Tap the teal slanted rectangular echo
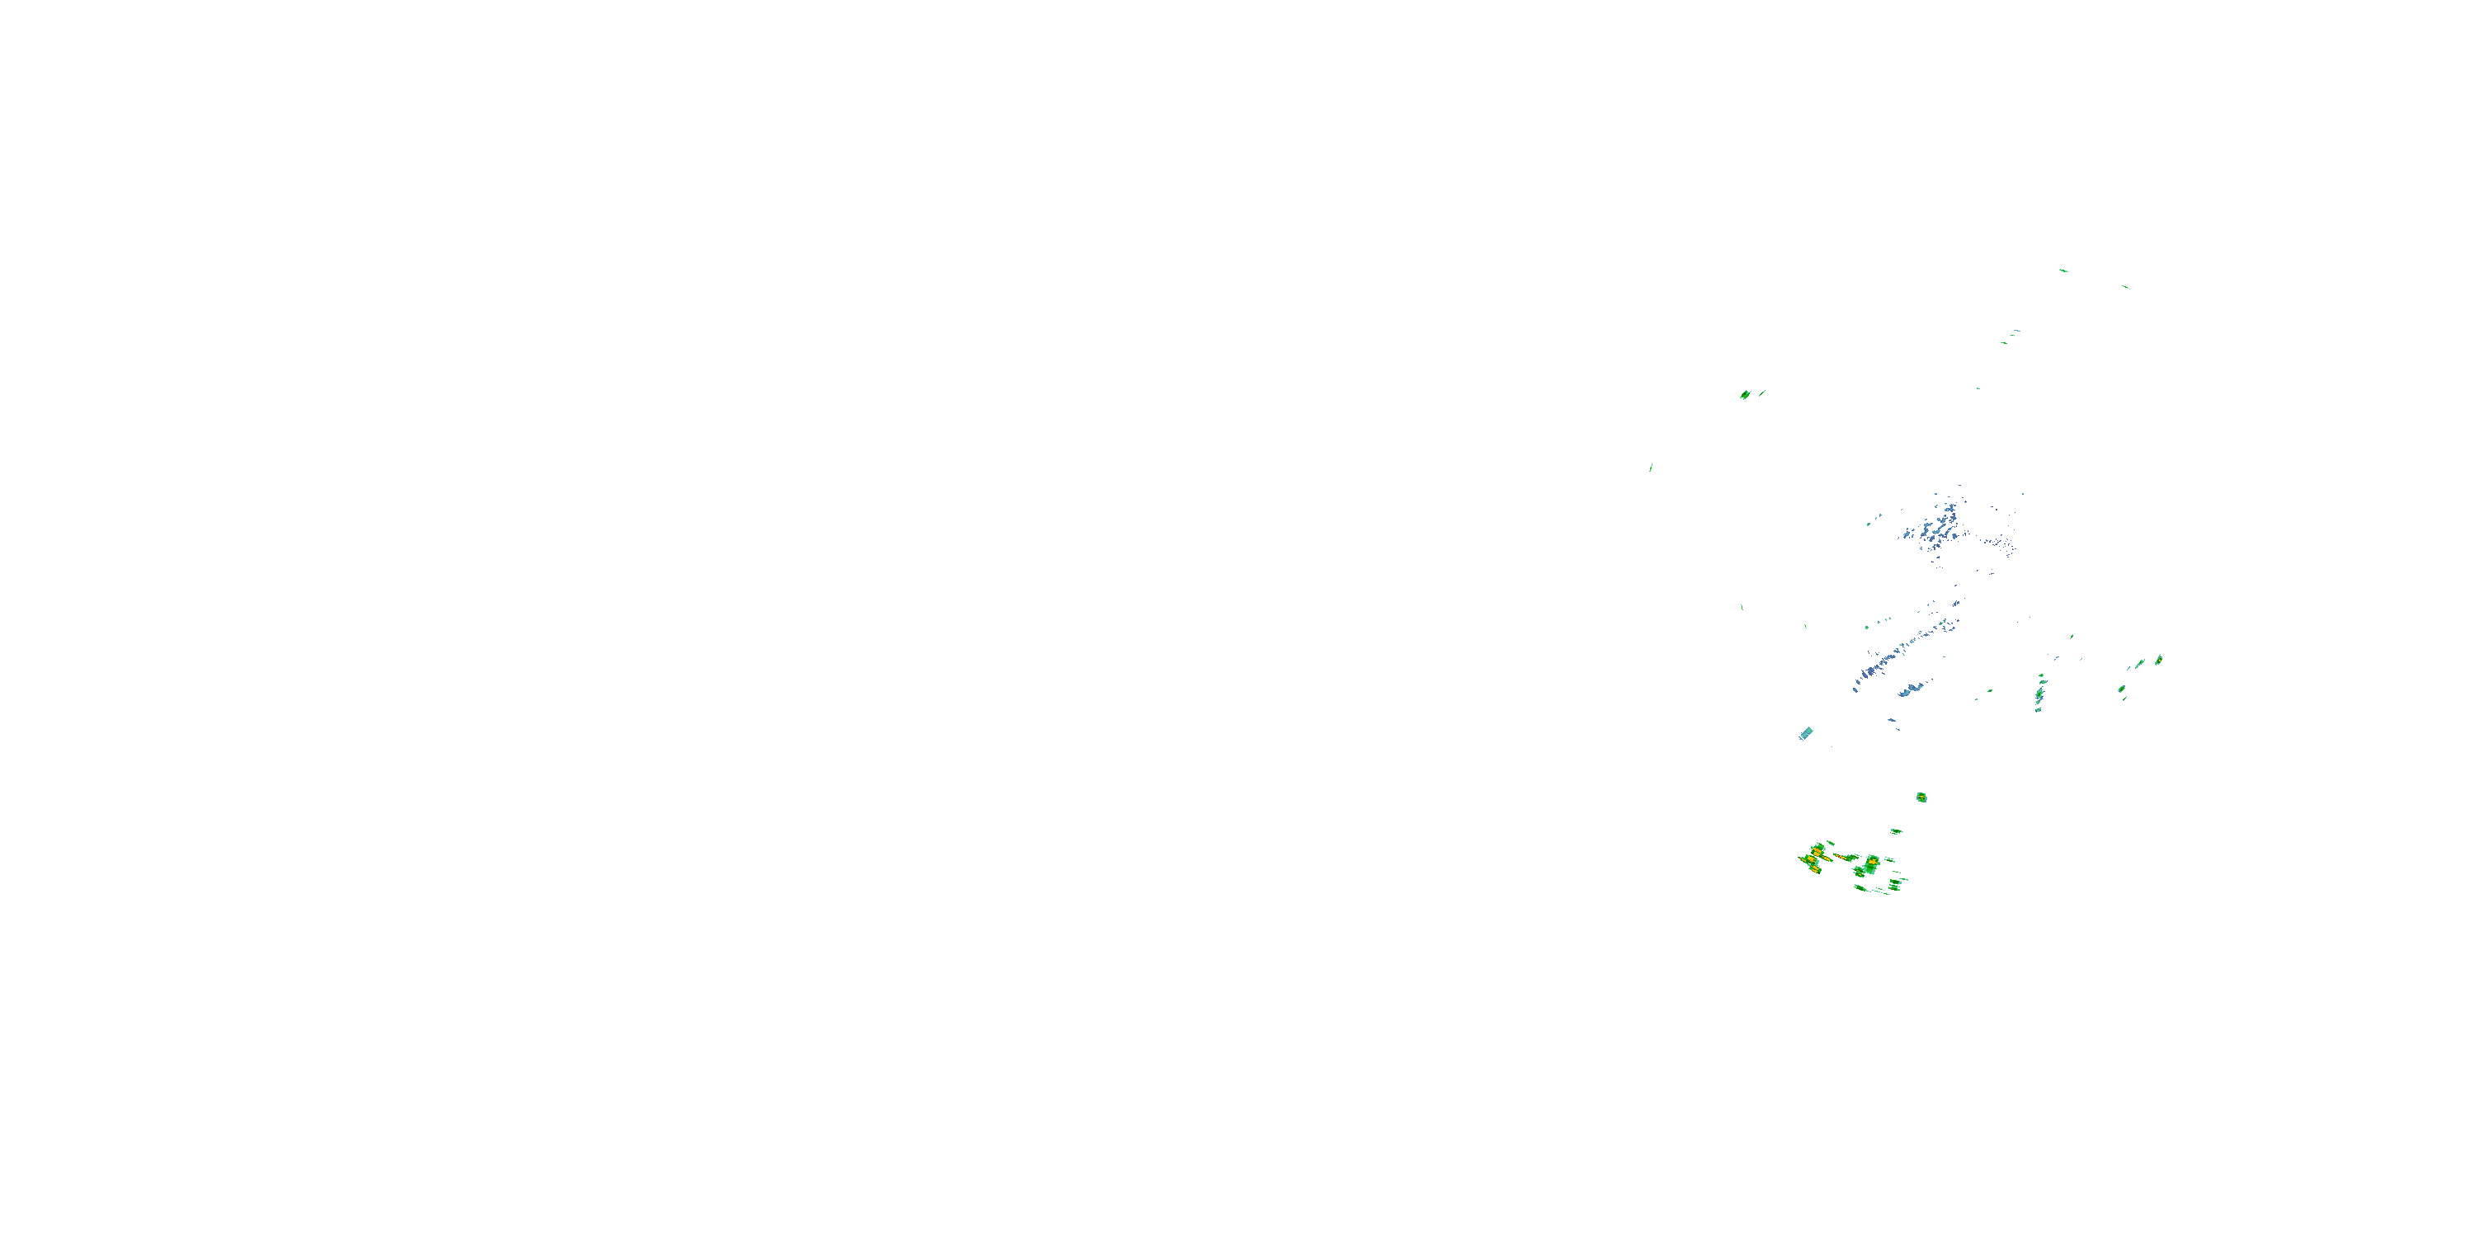[1805, 734]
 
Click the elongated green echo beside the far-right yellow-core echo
[2140, 664]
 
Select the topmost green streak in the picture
[2062, 270]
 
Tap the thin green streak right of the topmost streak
[2125, 286]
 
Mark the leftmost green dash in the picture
[1651, 468]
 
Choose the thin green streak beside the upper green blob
[1761, 392]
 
